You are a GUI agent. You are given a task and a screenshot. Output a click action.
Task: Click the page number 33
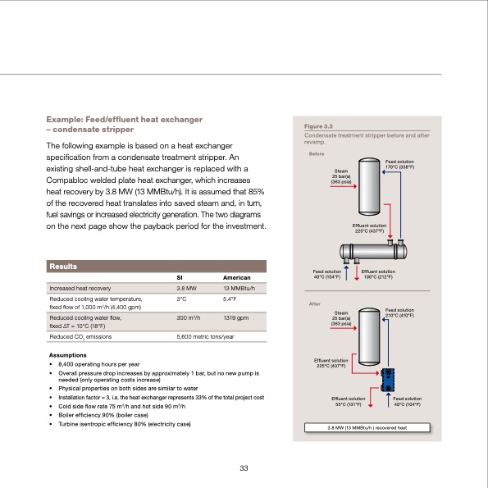click(244, 468)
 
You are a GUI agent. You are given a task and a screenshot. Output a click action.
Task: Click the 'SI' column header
click(180, 278)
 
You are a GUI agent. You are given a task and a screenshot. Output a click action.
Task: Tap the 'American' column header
click(237, 278)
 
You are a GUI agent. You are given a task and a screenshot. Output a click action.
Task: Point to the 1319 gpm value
click(236, 317)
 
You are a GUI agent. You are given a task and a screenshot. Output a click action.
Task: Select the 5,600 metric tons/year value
click(206, 336)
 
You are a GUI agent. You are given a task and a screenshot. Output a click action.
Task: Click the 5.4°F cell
click(230, 299)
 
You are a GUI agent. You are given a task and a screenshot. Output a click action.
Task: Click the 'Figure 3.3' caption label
click(317, 126)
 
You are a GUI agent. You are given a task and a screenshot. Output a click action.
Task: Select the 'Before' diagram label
click(316, 153)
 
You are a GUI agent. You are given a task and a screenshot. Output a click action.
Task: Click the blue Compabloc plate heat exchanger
click(389, 376)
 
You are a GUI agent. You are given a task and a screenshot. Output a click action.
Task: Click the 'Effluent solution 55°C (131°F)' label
click(347, 401)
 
